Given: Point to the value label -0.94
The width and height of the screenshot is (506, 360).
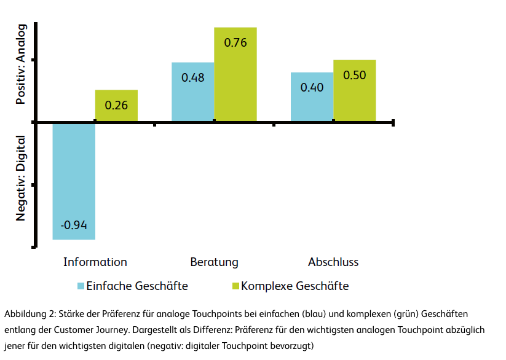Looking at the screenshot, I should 74,225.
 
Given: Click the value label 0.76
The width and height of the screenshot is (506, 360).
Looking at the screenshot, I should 235,43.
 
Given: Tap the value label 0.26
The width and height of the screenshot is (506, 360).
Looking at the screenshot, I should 116,105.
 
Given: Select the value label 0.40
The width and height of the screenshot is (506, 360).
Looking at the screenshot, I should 312,87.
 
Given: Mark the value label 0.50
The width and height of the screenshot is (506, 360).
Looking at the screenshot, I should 354,75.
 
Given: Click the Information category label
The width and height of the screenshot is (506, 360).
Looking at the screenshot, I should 95,262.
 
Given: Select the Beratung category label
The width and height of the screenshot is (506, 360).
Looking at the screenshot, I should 214,262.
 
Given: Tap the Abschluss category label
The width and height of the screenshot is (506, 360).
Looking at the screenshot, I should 333,262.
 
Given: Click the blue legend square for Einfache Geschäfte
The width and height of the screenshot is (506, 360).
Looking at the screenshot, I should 80,286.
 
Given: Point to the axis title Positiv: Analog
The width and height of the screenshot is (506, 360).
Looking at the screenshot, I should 22,65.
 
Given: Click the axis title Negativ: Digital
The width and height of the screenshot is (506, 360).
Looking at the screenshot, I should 22,178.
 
